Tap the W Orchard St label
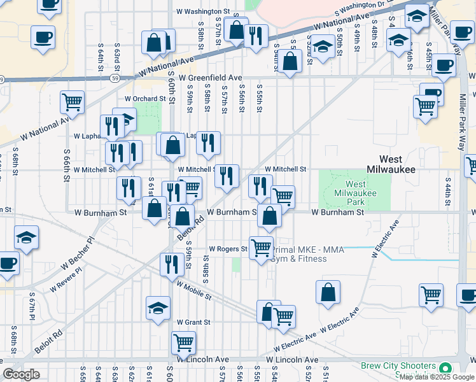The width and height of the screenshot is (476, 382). tap(144, 99)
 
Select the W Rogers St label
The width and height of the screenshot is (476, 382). tap(228, 249)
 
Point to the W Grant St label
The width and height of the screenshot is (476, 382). tap(193, 322)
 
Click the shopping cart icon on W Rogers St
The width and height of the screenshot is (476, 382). tap(261, 247)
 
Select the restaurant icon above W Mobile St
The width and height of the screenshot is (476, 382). tap(171, 264)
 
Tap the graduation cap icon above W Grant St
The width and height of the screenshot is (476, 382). tap(158, 308)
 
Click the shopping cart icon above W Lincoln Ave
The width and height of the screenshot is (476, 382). tap(183, 343)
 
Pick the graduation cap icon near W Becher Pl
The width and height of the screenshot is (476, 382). tap(26, 237)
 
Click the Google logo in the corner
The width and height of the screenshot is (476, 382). tap(21, 374)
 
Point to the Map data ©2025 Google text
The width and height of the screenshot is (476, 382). tap(437, 377)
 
